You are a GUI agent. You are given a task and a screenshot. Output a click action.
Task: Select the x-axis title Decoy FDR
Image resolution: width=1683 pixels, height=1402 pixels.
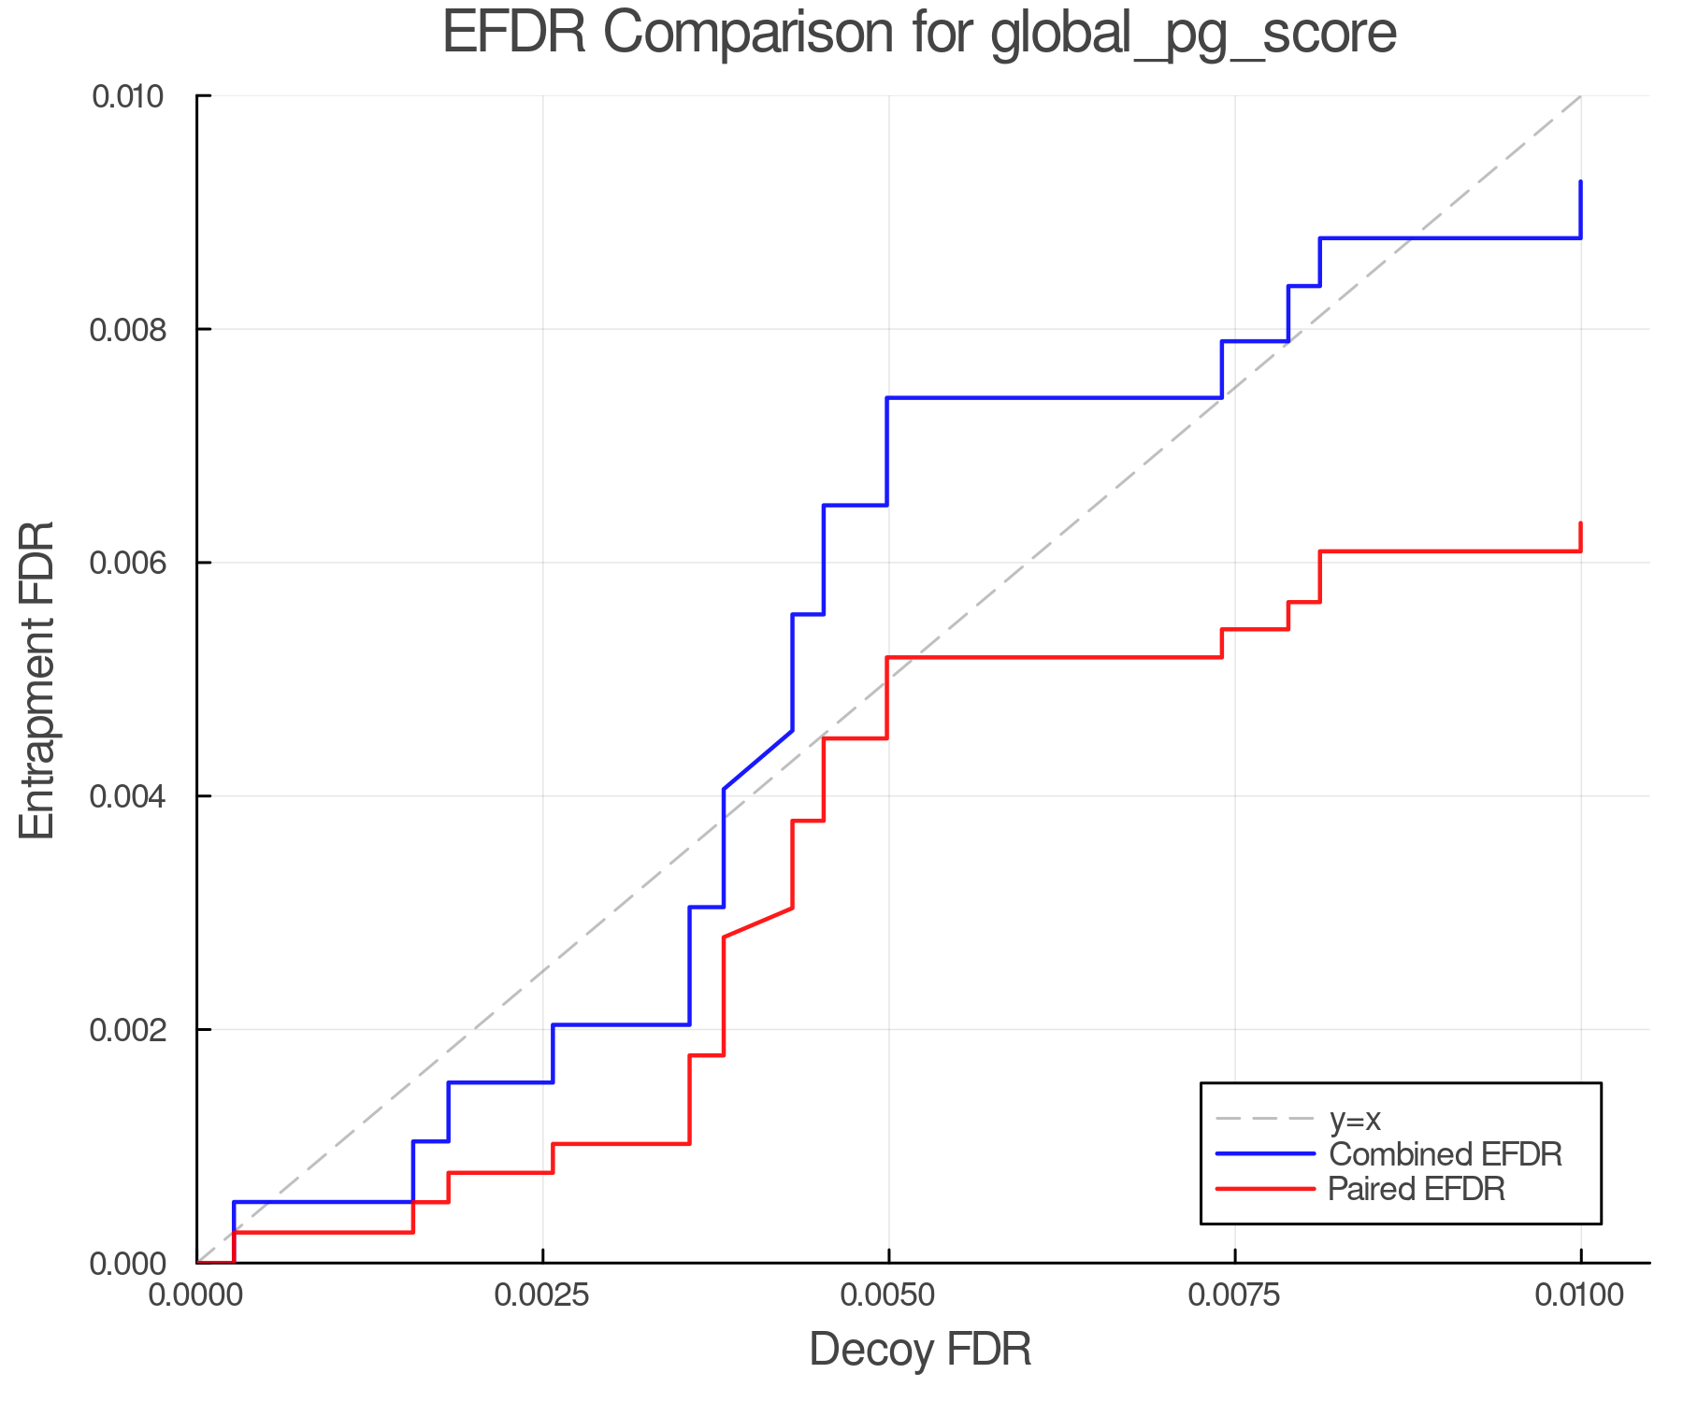tap(920, 1350)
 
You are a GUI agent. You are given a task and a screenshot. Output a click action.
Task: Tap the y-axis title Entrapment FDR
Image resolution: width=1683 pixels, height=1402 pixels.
tap(37, 680)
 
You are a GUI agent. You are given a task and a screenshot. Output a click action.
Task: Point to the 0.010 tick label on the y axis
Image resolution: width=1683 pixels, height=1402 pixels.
tap(127, 96)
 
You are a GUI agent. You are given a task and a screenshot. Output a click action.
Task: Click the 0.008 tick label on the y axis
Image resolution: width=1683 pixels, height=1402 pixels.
tap(127, 330)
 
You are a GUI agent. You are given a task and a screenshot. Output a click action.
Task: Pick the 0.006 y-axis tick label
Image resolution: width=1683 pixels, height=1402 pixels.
tap(127, 563)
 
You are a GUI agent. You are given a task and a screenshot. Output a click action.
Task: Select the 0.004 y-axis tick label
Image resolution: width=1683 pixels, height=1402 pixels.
tap(127, 796)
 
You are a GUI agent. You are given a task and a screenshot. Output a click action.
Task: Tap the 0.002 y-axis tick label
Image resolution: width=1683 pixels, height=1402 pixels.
tap(127, 1030)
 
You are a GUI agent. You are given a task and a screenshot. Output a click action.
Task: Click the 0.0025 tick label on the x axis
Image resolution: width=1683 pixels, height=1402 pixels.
tap(542, 1295)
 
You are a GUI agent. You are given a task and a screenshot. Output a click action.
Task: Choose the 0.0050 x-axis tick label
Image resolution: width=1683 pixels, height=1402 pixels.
tap(888, 1295)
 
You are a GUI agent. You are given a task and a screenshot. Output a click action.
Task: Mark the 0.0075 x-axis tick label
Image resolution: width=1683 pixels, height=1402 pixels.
tap(1234, 1295)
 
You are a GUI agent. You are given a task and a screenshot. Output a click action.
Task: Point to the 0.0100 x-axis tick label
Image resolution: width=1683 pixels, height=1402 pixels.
tap(1580, 1295)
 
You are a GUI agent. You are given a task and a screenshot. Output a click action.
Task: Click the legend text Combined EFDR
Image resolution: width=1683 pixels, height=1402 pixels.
tap(1445, 1154)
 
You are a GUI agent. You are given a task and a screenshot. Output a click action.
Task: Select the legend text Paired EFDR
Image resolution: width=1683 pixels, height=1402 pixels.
tap(1416, 1189)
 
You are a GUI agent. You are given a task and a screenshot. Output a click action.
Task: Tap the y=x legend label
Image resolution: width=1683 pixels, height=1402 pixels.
tap(1354, 1119)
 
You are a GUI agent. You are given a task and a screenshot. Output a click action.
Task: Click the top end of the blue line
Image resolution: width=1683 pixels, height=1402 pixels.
tap(1580, 182)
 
